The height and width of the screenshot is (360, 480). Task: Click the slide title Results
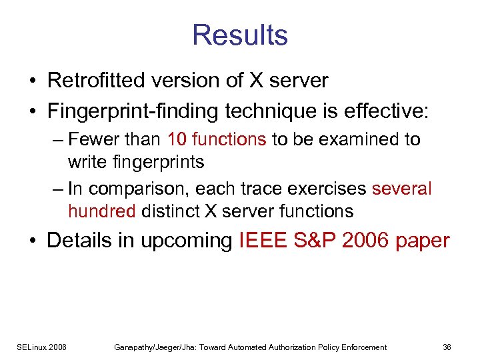coord(240,35)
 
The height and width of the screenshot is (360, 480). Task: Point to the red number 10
coord(177,139)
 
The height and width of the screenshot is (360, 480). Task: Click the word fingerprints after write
coord(159,162)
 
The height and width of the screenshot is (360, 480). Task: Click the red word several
coord(402,189)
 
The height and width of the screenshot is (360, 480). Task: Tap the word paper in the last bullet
coord(423,241)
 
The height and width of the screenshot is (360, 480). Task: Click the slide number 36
coord(447,347)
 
